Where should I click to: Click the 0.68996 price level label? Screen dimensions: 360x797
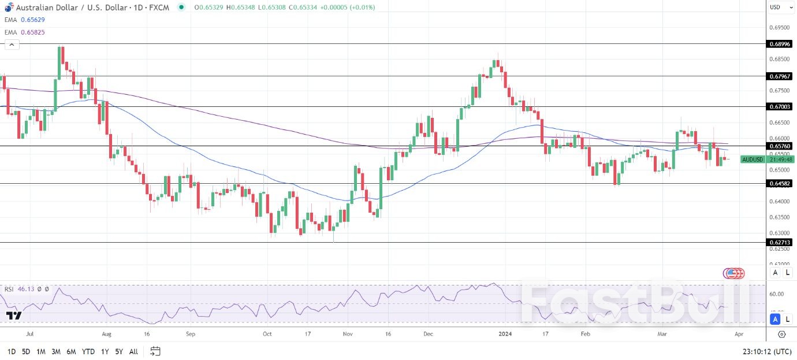[x=779, y=43]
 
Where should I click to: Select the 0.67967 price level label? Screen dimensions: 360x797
[x=779, y=76]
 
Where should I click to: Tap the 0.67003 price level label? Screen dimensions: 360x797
[x=779, y=106]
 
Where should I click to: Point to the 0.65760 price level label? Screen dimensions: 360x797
[x=779, y=146]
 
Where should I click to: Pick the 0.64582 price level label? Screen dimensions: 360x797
[x=779, y=183]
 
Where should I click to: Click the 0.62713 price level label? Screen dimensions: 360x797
[x=779, y=242]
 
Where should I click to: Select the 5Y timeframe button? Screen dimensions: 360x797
[x=118, y=351]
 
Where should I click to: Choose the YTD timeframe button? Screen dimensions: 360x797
[x=88, y=351]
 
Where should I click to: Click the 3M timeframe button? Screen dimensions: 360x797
[x=56, y=351]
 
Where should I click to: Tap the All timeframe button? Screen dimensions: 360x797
[x=133, y=351]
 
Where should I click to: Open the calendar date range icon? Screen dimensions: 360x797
[x=155, y=351]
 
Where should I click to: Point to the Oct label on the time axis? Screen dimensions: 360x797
[x=267, y=333]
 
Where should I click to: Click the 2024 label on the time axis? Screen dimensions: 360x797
[x=505, y=333]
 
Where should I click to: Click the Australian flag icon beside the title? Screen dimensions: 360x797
[x=8, y=7]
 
